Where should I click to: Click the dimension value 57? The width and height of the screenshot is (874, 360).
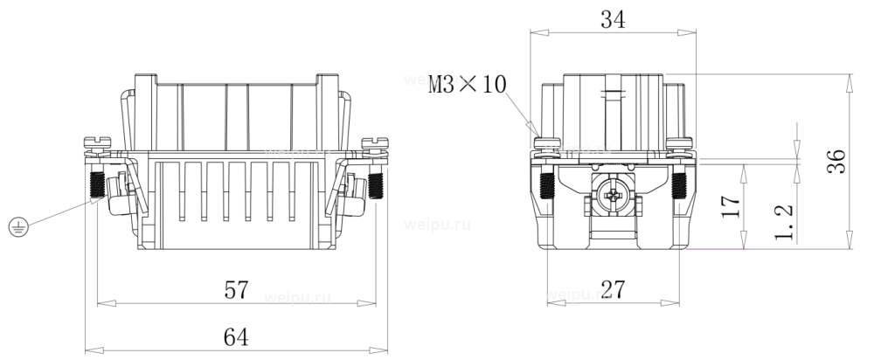[236, 290]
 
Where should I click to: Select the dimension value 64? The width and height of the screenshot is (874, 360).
[236, 337]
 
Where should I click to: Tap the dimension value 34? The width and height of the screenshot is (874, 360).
[613, 19]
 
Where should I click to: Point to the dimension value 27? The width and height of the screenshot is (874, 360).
[614, 290]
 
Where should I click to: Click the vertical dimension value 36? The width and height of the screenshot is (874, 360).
[836, 161]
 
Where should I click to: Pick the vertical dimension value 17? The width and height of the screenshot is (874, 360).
[732, 205]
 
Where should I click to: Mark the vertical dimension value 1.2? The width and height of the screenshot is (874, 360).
[784, 221]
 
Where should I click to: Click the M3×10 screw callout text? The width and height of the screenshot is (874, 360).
[467, 85]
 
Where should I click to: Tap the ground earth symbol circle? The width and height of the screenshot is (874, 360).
[18, 227]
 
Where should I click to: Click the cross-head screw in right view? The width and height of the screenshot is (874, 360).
[614, 196]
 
